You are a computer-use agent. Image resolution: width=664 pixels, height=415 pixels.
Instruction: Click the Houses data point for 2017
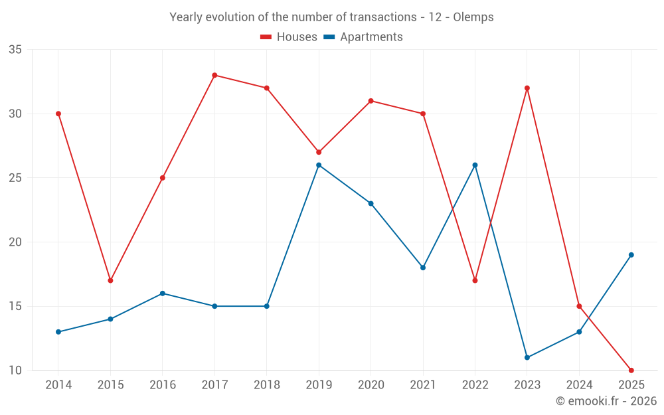[x=214, y=75]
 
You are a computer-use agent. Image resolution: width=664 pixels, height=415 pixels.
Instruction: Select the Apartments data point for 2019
[x=319, y=165]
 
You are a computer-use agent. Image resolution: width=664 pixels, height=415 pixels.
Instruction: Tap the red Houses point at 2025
[x=631, y=370]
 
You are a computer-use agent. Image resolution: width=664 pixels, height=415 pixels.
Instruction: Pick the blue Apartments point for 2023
[x=527, y=357]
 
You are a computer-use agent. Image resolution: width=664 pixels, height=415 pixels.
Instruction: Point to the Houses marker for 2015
[x=110, y=280]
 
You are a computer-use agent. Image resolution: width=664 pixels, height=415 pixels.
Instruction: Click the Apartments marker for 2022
[x=475, y=165]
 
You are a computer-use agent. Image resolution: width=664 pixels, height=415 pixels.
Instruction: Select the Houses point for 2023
[x=527, y=88]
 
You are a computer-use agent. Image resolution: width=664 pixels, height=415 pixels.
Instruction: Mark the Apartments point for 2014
[x=58, y=331]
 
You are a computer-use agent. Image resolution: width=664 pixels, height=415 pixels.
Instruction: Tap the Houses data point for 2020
[x=371, y=101]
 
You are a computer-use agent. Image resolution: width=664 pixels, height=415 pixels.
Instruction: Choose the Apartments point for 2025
[x=631, y=255]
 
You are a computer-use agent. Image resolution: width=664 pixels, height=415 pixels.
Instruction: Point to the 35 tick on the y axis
[x=15, y=50]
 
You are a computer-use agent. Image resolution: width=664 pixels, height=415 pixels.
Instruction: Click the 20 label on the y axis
[x=15, y=242]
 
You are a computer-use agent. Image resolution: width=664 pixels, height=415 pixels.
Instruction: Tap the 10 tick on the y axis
[x=15, y=371]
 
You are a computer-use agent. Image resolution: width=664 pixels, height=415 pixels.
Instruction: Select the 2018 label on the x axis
[x=266, y=385]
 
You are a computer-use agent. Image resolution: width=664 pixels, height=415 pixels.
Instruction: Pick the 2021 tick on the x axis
[x=423, y=385]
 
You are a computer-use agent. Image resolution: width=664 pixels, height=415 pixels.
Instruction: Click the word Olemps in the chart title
[x=473, y=17]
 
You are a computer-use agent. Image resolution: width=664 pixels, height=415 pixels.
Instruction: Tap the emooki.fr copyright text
[x=606, y=401]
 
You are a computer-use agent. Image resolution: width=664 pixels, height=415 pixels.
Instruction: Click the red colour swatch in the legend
[x=266, y=37]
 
